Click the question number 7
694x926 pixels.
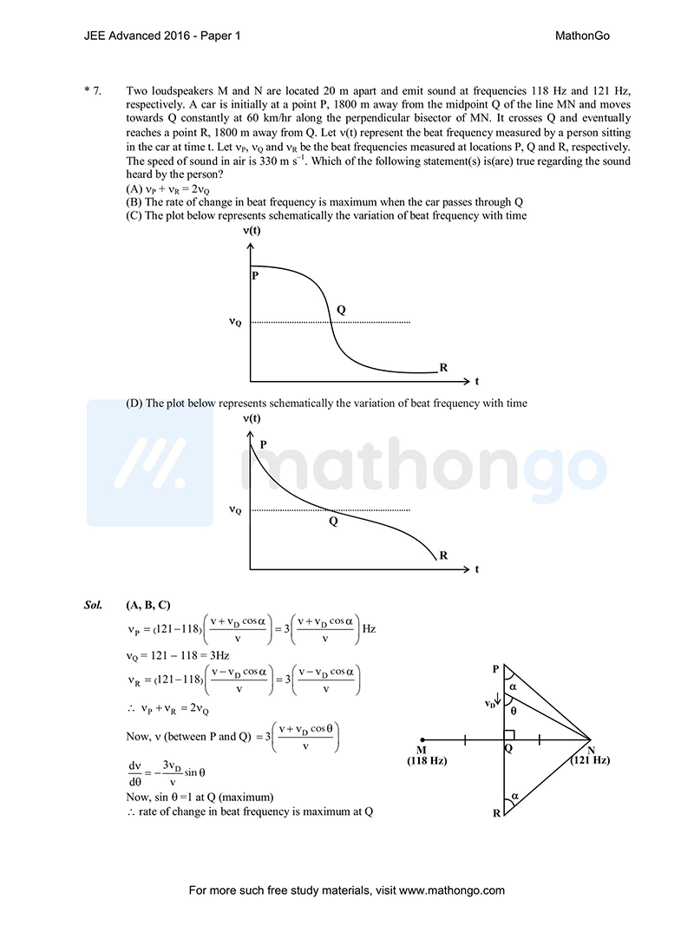point(97,91)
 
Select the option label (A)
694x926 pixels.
point(134,188)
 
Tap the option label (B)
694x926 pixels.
point(134,202)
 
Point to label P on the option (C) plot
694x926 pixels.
point(255,276)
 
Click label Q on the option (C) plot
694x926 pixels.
point(341,310)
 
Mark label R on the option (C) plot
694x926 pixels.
point(443,368)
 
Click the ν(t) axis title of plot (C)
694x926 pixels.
point(252,231)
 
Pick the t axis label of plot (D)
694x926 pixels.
point(476,570)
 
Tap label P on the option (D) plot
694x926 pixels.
point(263,444)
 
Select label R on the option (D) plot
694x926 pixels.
point(443,555)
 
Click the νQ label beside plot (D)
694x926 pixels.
point(235,510)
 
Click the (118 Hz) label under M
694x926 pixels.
point(426,760)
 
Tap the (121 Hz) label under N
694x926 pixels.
point(590,760)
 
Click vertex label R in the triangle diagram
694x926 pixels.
point(496,813)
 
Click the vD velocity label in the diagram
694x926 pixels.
point(490,704)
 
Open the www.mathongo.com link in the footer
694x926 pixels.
point(452,890)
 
